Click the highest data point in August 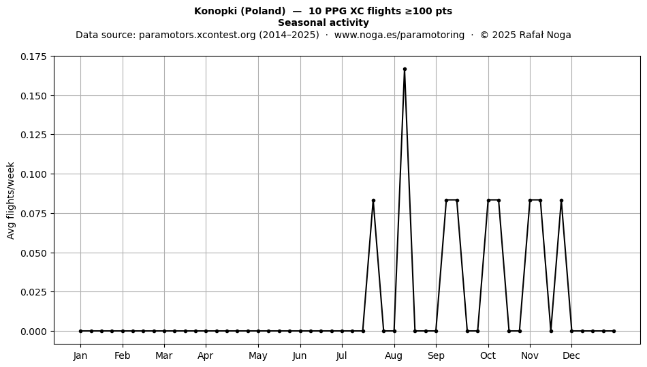405,69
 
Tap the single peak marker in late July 373,200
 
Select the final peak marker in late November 562,200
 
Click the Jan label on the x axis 80,355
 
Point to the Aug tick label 394,355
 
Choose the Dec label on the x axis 571,355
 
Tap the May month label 258,355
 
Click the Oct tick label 488,355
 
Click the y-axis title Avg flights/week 11,200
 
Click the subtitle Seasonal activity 323,22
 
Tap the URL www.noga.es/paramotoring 399,35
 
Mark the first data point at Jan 80,331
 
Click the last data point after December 614,331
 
